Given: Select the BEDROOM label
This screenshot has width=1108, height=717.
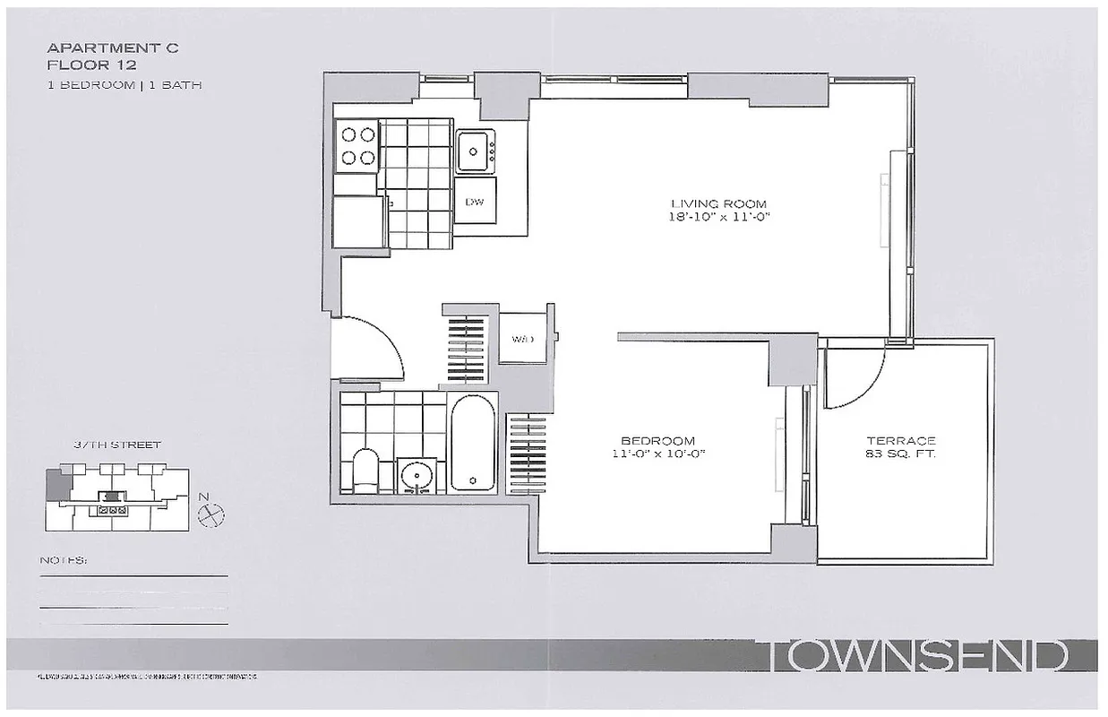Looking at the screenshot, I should point(658,440).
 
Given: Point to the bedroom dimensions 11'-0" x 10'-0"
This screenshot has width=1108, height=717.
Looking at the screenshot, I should point(658,454).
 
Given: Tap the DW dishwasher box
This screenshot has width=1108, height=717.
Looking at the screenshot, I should point(475,202).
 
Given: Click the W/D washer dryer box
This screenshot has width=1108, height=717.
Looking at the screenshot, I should point(523,339).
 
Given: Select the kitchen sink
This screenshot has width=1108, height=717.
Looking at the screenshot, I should point(475,151).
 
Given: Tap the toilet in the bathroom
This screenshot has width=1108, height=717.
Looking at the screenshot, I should point(365,469).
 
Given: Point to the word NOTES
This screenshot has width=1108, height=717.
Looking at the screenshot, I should point(63,560).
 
